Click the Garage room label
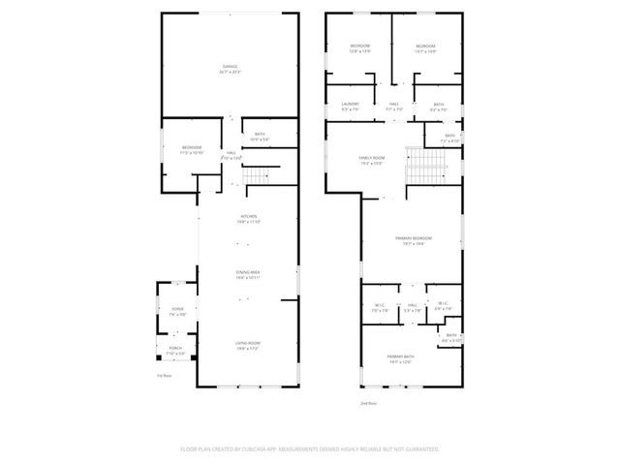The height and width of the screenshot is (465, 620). [230, 67]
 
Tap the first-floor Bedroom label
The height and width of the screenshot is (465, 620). [191, 148]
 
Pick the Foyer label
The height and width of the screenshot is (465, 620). [177, 311]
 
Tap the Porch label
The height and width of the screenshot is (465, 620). [175, 349]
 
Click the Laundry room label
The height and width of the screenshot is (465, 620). [351, 105]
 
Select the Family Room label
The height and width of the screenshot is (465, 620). [372, 159]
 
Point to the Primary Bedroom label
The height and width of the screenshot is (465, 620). [413, 239]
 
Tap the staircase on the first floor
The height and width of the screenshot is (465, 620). [255, 175]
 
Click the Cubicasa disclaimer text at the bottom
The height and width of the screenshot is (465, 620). [310, 449]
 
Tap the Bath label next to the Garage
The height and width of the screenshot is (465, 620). [260, 136]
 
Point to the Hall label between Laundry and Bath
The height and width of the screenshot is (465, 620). [394, 105]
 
